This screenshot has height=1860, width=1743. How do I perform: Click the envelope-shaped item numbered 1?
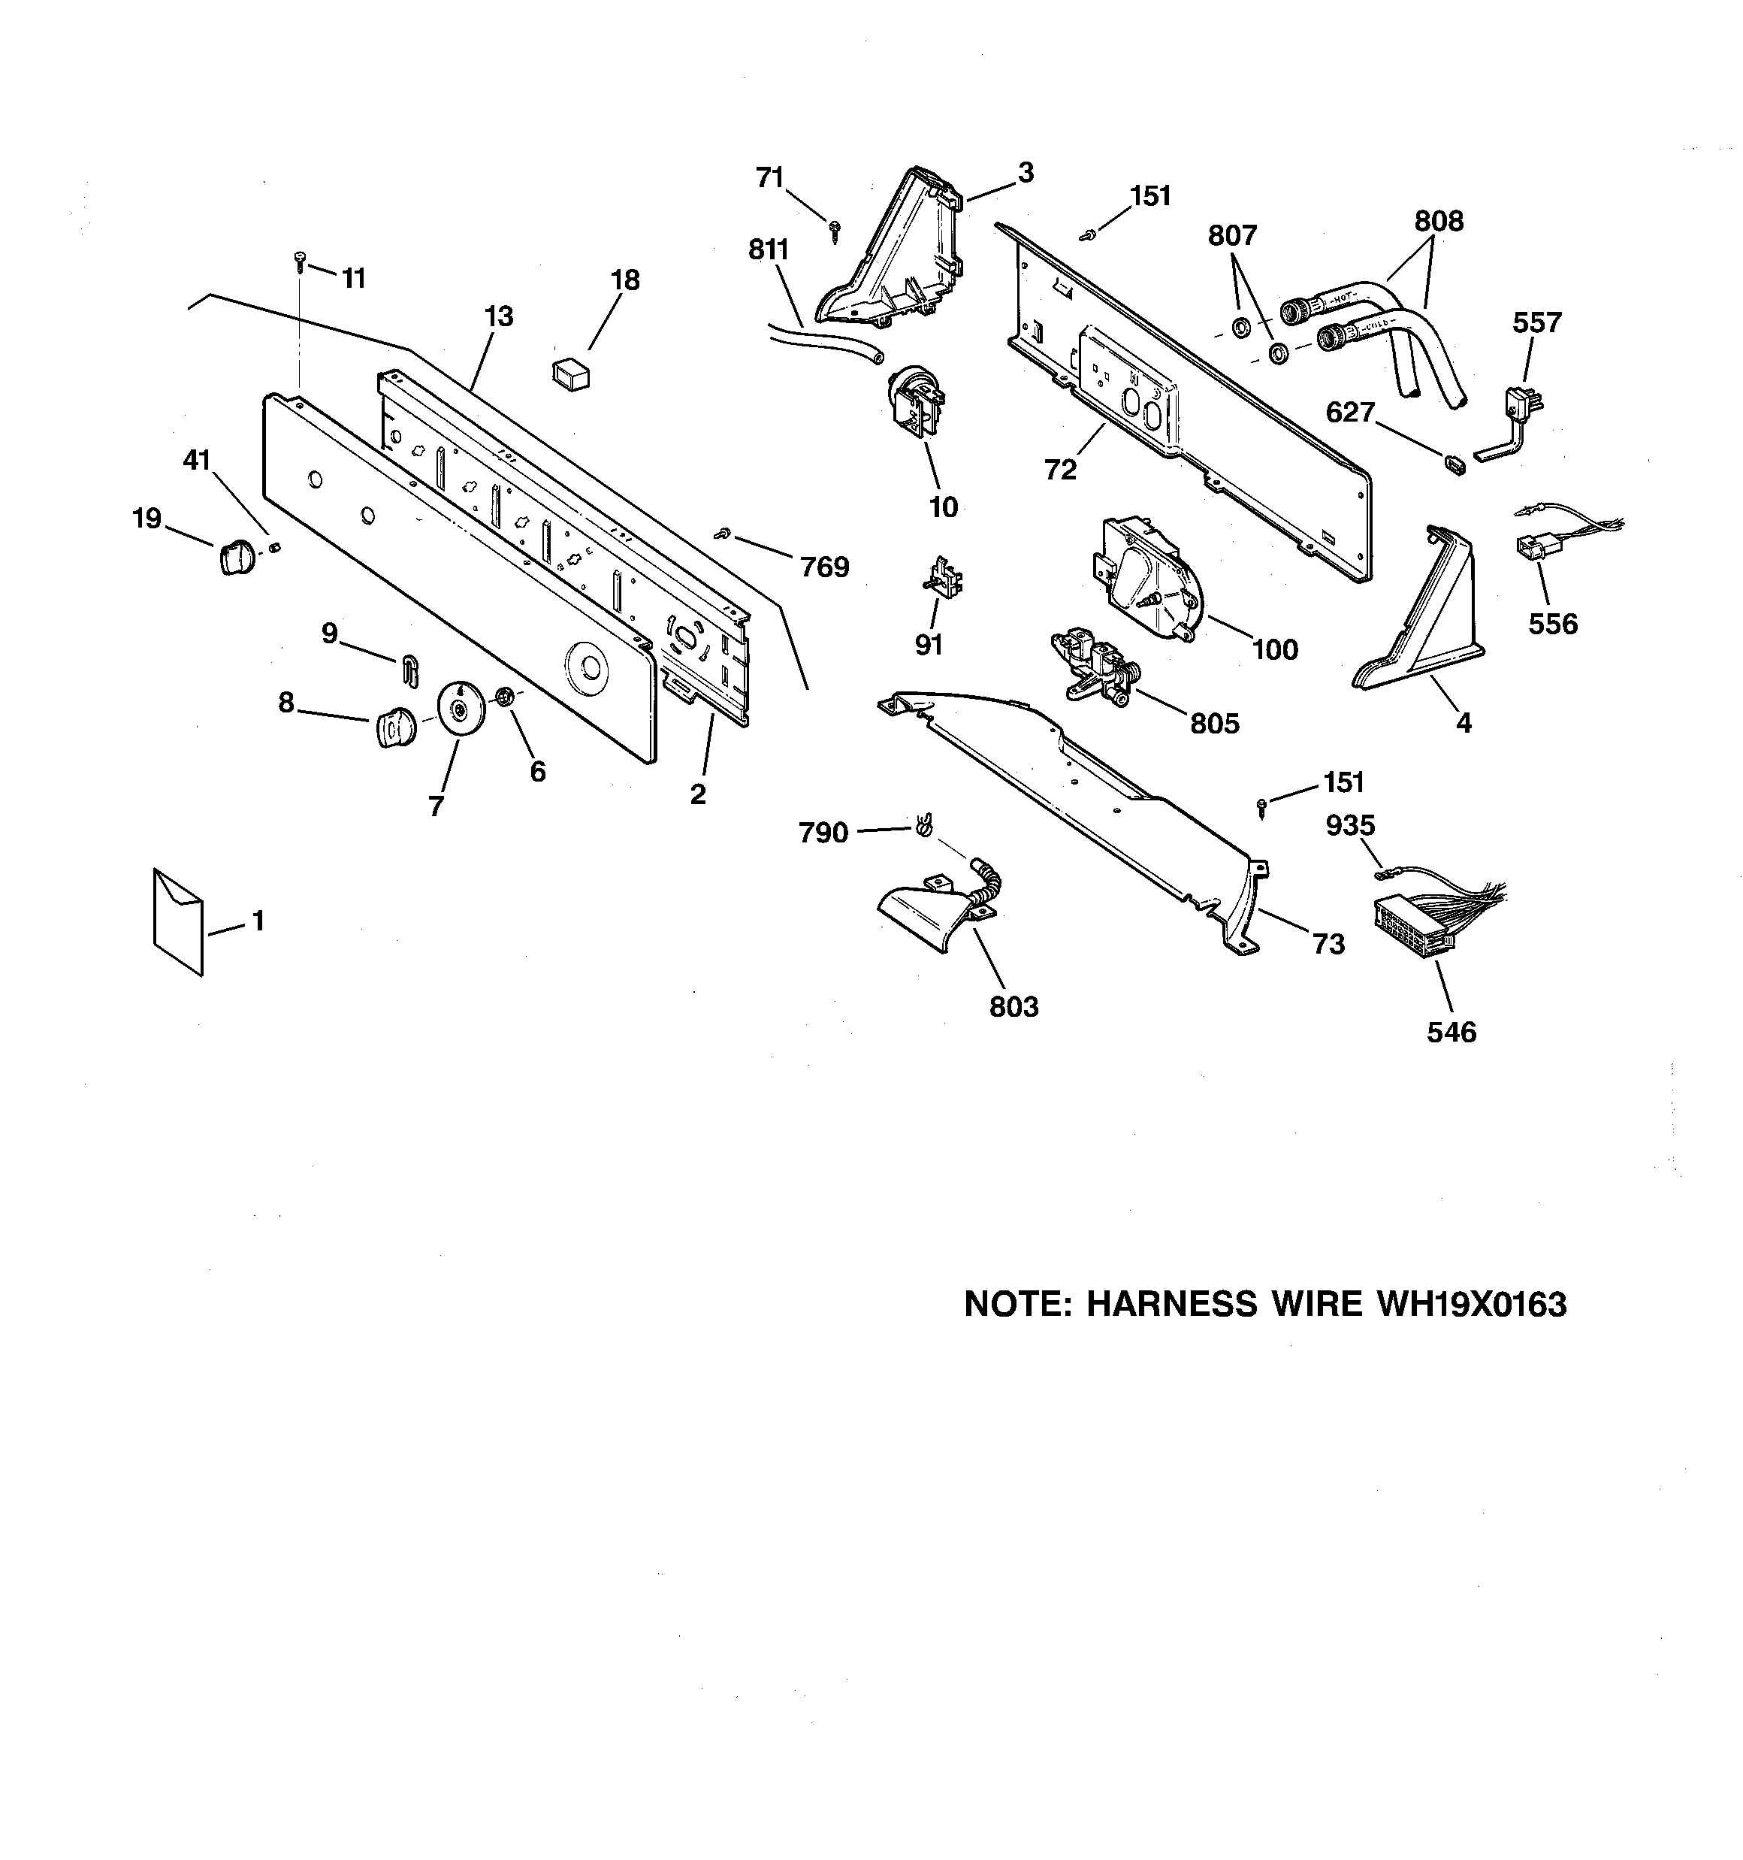178,921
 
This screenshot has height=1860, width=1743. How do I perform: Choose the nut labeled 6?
503,697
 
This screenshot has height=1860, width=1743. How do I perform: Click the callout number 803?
1014,1007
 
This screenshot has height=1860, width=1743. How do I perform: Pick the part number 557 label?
1537,323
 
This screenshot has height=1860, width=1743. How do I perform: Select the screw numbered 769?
721,534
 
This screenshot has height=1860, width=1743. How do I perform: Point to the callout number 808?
1439,222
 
